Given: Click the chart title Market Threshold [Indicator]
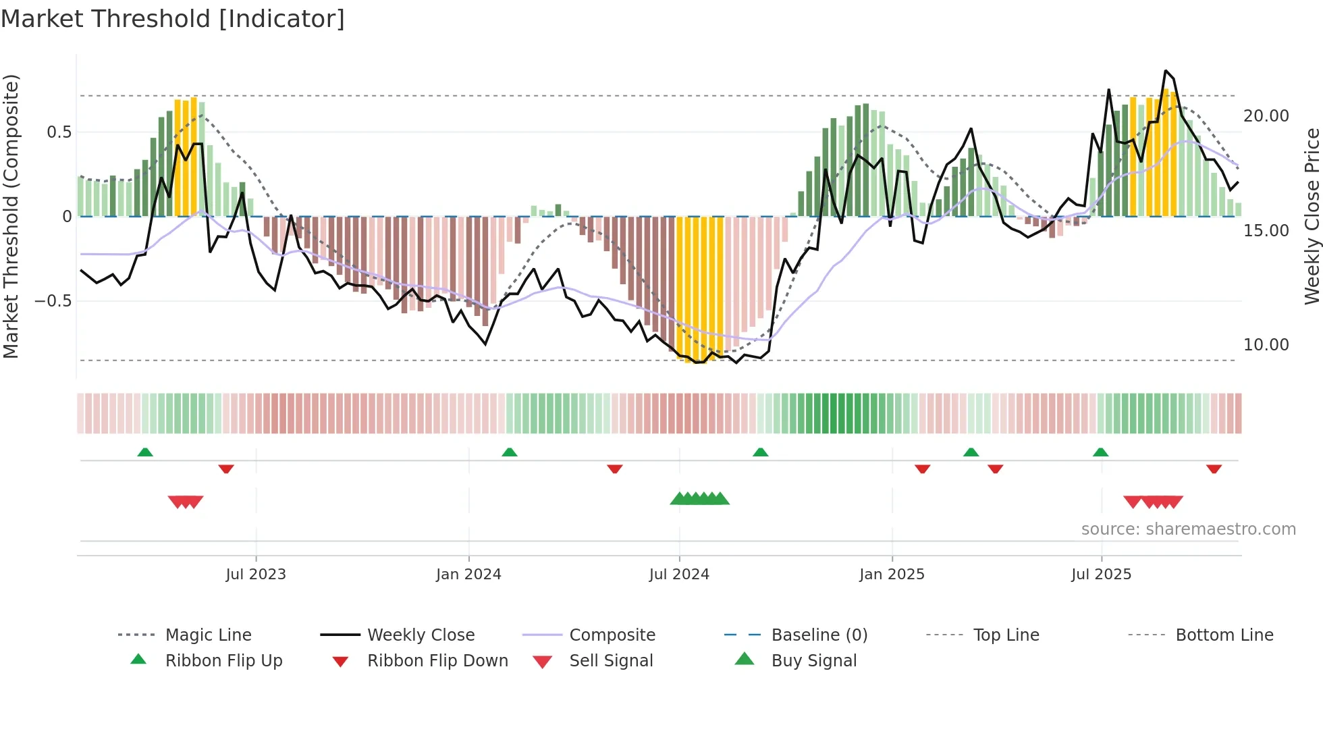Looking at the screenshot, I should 173,19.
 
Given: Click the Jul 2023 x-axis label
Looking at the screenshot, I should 256,575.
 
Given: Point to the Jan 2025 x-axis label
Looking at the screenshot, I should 892,575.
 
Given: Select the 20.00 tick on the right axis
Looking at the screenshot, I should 1266,116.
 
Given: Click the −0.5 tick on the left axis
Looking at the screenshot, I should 53,301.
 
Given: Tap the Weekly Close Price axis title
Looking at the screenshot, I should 1312,216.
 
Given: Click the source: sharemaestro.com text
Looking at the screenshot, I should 1188,529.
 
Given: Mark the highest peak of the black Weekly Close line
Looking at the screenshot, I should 1165,71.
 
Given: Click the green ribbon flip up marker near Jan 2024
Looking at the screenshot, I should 510,452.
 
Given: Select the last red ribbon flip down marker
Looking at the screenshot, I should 1214,469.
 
